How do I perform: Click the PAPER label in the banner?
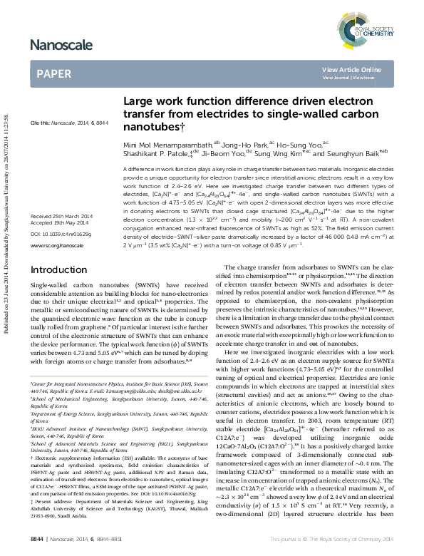coord(53,73)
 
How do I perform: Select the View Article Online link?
coord(351,69)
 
